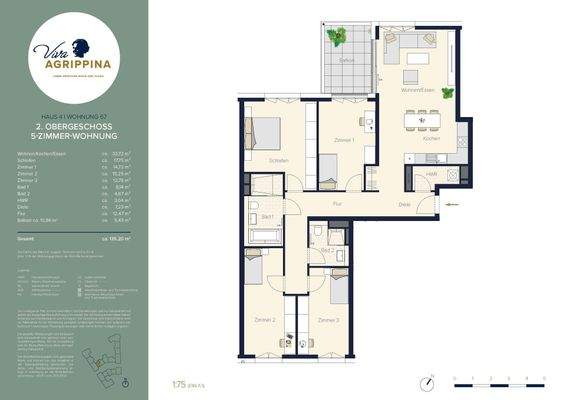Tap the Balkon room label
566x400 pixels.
pyautogui.click(x=346, y=60)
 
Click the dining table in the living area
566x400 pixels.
pyautogui.click(x=421, y=120)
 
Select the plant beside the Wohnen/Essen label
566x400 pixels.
pyautogui.click(x=447, y=93)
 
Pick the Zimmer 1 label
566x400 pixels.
pyautogui.click(x=345, y=140)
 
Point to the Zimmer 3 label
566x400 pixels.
pyautogui.click(x=328, y=319)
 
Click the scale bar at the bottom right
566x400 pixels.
pyautogui.click(x=497, y=381)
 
